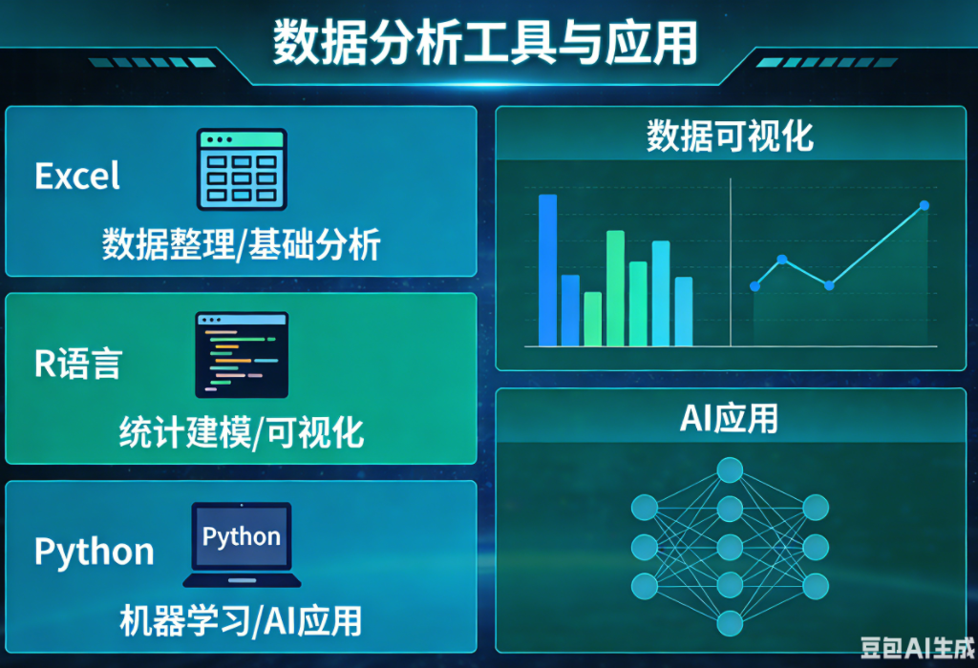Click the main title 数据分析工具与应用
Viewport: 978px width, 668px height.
pos(485,42)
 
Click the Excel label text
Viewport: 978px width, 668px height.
pos(77,176)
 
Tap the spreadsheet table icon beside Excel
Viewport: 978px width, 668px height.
pos(242,170)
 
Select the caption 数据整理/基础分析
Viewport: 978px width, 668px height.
pos(242,243)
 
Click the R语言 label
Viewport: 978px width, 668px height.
pos(78,364)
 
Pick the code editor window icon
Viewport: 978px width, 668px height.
pos(242,355)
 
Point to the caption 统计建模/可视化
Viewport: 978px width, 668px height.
pos(242,432)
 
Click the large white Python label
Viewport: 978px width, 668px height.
pos(95,553)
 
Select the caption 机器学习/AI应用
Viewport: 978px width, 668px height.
pos(241,620)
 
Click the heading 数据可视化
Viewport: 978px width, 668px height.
pos(730,136)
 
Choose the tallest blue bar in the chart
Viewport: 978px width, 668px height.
pos(547,270)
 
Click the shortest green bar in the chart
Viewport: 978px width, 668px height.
pos(592,319)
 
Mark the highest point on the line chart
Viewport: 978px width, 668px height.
pos(925,205)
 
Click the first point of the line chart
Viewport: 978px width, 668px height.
pos(755,286)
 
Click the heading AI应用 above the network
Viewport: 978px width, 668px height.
pos(729,418)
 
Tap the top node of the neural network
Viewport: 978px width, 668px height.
pos(730,470)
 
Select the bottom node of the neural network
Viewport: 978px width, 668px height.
pos(730,623)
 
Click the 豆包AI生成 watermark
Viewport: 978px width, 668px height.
pos(917,648)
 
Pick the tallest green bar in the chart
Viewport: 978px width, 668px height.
pos(615,288)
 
